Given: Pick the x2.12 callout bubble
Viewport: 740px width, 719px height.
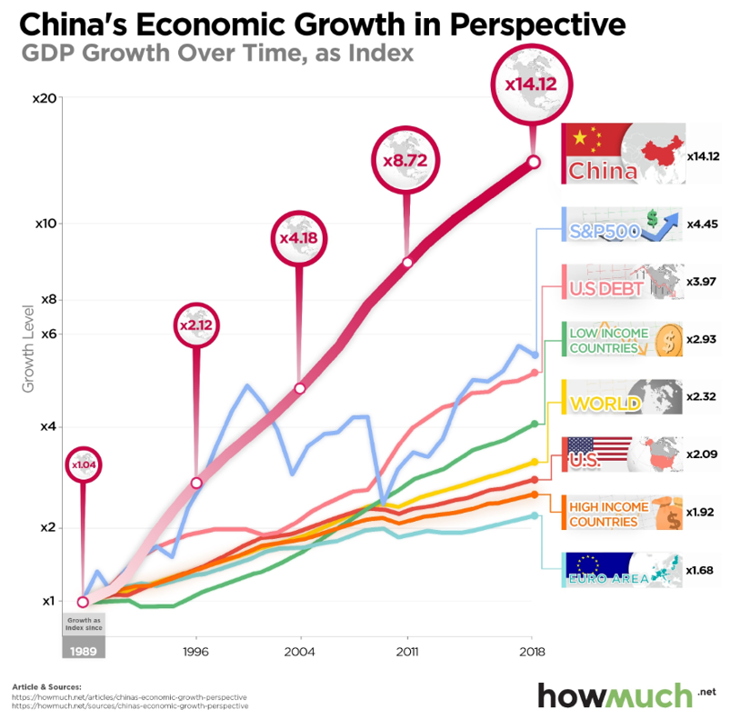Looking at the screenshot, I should [195, 325].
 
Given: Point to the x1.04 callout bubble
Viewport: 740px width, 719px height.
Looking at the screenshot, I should [83, 465].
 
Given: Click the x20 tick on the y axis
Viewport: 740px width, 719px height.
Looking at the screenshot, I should [45, 98].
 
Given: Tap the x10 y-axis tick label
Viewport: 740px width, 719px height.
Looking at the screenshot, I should [45, 224].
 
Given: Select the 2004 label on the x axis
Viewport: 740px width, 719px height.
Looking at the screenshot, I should [299, 652].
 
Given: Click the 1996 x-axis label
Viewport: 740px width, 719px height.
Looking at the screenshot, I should [195, 652].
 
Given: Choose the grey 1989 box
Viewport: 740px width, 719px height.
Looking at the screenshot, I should [83, 651].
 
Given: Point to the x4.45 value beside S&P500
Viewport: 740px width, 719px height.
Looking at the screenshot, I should [703, 224].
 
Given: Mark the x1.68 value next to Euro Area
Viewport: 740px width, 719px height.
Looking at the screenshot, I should [703, 570].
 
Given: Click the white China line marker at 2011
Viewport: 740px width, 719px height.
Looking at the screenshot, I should [407, 262].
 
